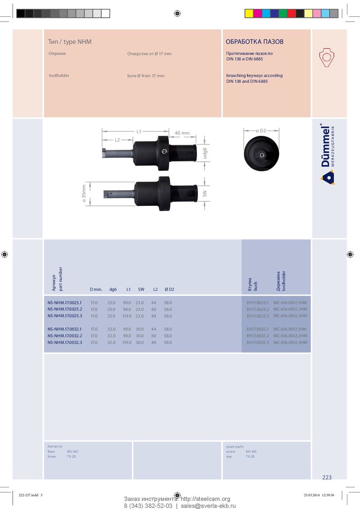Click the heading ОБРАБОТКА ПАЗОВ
click(254, 41)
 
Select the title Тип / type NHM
click(70, 41)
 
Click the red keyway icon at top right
click(327, 58)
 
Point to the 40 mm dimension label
click(182, 133)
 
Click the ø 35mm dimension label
click(84, 194)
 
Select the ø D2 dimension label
click(261, 130)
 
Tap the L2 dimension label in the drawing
click(117, 140)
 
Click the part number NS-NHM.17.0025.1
click(65, 303)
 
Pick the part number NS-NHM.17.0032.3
click(65, 343)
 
